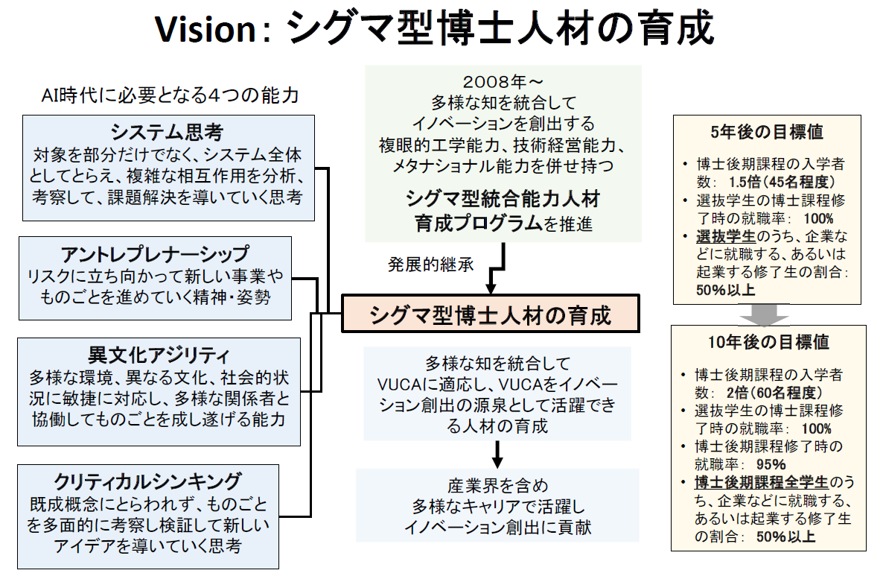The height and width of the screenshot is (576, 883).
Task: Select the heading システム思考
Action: tap(167, 133)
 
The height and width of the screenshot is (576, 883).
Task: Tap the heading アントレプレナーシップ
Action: tap(155, 253)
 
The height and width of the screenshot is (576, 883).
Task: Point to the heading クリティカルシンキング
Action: tap(148, 481)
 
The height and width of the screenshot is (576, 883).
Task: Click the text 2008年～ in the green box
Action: tap(503, 80)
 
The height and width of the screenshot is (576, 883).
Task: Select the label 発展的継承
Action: tap(430, 265)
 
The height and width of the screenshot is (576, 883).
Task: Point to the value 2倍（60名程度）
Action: tap(775, 392)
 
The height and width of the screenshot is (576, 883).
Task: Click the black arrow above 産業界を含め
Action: tap(498, 454)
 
